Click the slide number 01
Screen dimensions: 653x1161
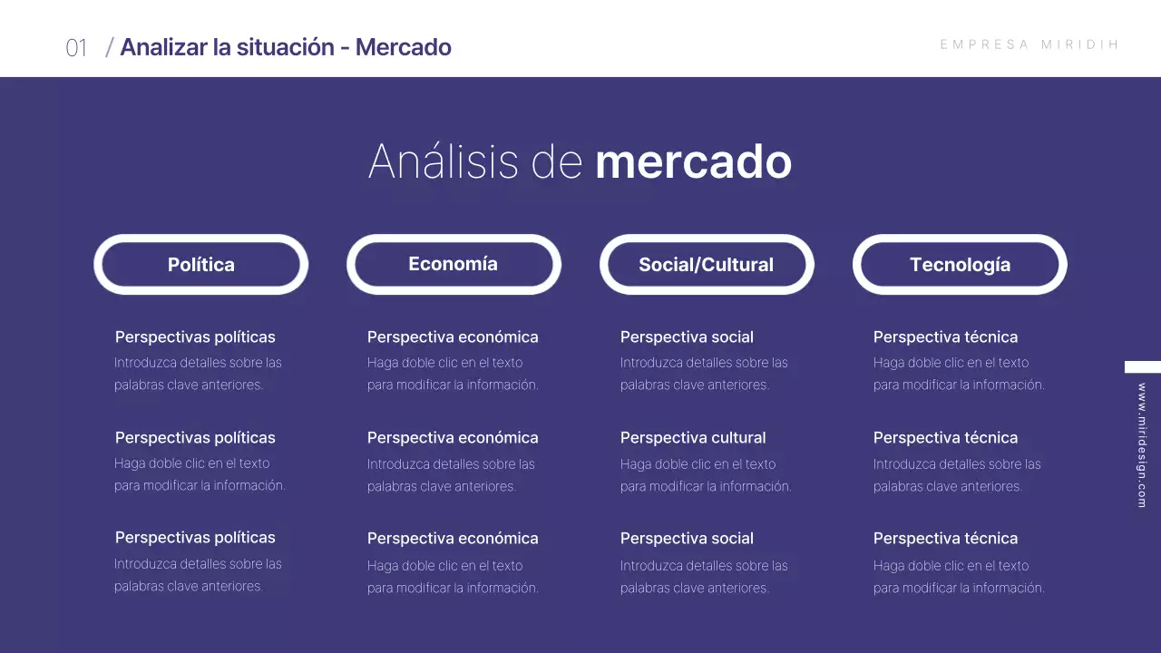coord(76,48)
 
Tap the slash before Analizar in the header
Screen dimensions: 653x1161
coord(110,47)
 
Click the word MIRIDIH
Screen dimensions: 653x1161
coord(1080,44)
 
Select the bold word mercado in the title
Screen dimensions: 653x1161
coord(693,161)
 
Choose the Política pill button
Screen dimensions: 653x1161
coord(201,265)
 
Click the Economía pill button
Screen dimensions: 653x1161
coord(454,264)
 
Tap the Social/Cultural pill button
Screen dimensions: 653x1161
coord(707,265)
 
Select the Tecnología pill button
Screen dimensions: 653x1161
coord(960,265)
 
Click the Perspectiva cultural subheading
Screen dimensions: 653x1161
coord(693,437)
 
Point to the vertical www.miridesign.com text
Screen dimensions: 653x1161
coord(1142,444)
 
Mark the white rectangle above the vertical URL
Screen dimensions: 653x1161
coord(1143,367)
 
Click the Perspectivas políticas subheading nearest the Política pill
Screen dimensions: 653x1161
coord(195,337)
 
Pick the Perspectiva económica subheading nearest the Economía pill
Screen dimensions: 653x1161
coord(453,337)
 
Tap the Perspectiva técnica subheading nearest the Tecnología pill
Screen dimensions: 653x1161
coord(945,337)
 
